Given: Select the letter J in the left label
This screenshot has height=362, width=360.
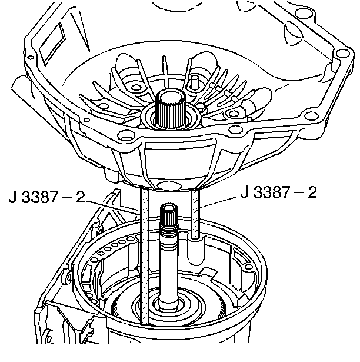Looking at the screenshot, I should coord(12,196).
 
